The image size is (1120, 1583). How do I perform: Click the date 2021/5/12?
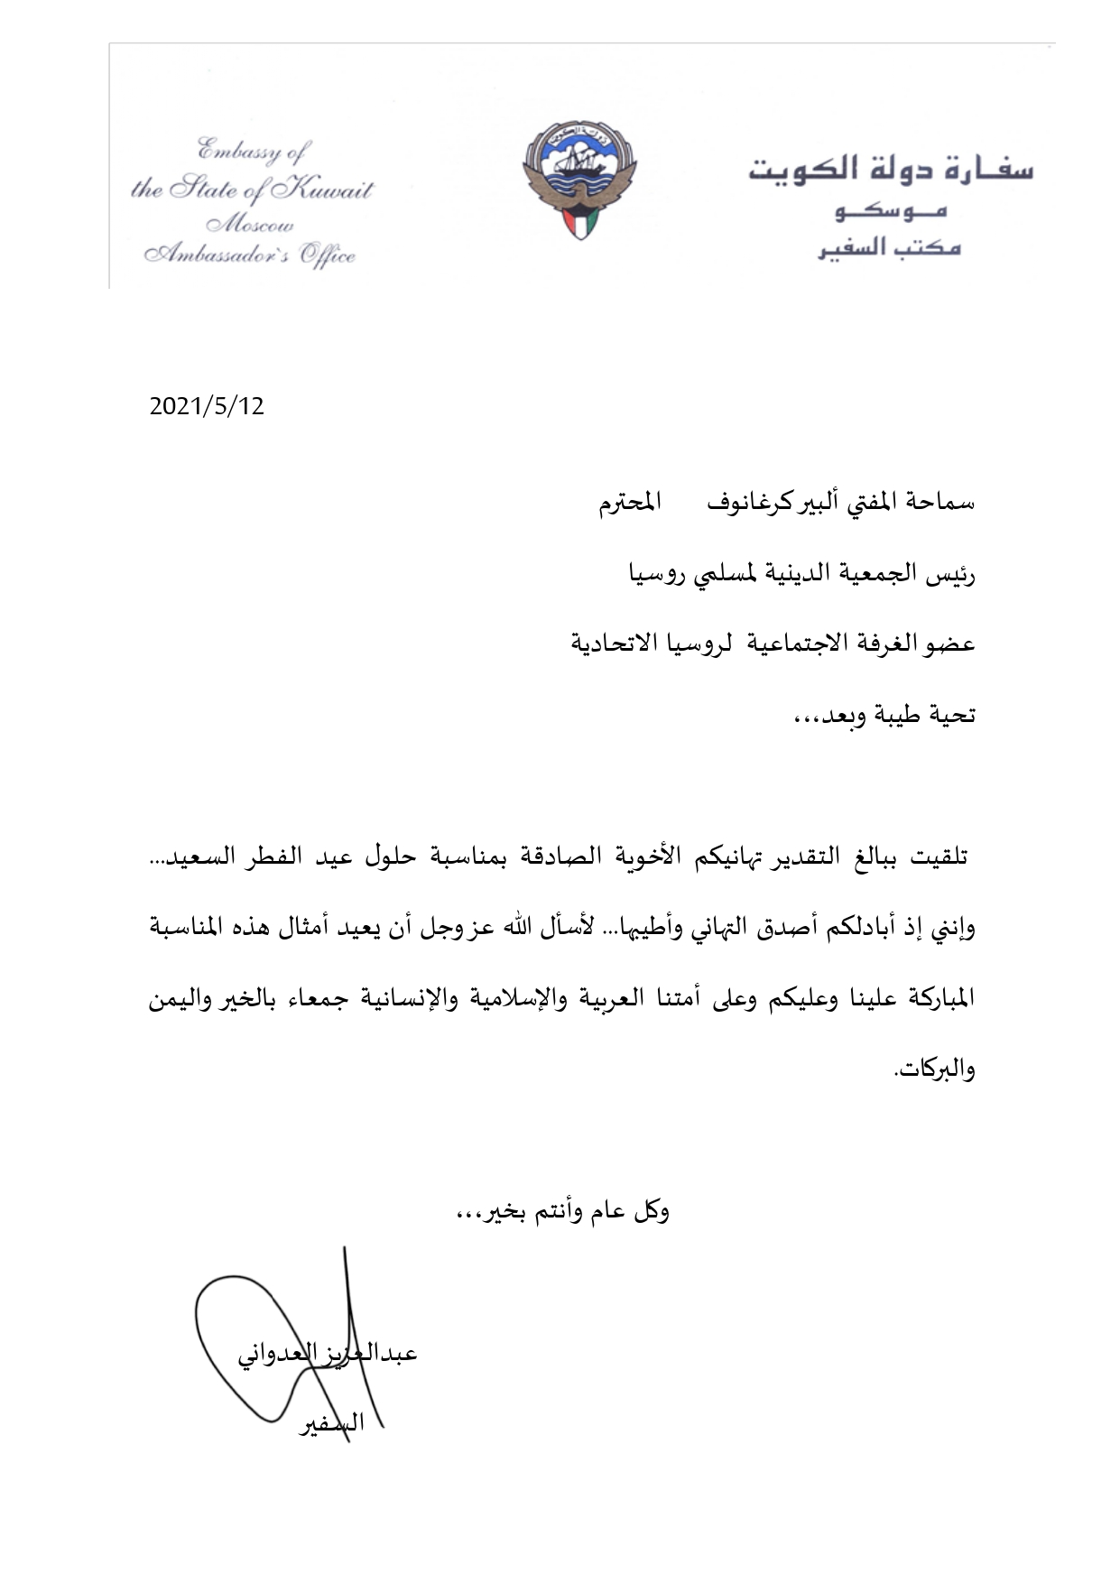point(207,406)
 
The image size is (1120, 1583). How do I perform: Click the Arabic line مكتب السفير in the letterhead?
point(889,248)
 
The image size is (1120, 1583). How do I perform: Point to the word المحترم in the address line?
point(629,504)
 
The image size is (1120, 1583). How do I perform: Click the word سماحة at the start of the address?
point(944,503)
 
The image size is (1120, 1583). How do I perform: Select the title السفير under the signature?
point(331,1424)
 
